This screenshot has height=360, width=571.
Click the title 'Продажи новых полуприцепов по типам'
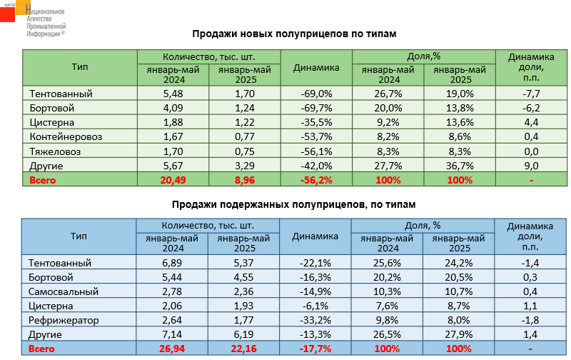(294, 33)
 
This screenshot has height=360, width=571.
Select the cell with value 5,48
(173, 93)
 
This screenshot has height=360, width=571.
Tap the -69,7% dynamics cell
(316, 107)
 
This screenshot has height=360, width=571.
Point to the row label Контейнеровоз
(65, 136)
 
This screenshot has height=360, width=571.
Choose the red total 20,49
(173, 180)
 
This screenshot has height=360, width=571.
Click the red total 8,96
(245, 180)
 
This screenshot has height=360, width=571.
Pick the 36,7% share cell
(459, 166)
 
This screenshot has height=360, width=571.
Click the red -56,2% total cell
(316, 180)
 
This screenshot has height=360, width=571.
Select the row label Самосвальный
(61, 291)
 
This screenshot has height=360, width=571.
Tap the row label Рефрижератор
(64, 320)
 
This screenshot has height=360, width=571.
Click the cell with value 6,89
(173, 262)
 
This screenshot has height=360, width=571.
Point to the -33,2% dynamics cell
(316, 320)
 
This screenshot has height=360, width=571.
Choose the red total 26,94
(173, 349)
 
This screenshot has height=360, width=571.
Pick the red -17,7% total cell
(316, 349)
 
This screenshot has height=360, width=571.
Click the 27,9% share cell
(459, 334)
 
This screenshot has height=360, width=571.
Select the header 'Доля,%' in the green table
(424, 56)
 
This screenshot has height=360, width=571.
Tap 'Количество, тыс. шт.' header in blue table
(208, 225)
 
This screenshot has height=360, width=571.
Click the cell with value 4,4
(530, 122)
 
